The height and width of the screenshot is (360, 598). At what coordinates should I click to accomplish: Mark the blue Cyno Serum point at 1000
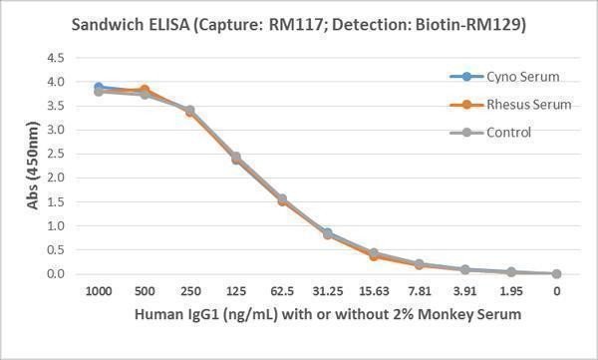98,88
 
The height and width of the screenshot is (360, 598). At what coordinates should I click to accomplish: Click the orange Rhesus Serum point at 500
145,90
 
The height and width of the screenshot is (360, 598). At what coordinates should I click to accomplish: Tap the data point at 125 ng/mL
236,158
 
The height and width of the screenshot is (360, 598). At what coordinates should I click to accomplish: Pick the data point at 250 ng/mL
189,111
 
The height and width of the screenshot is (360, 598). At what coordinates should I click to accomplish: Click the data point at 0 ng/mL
556,273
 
